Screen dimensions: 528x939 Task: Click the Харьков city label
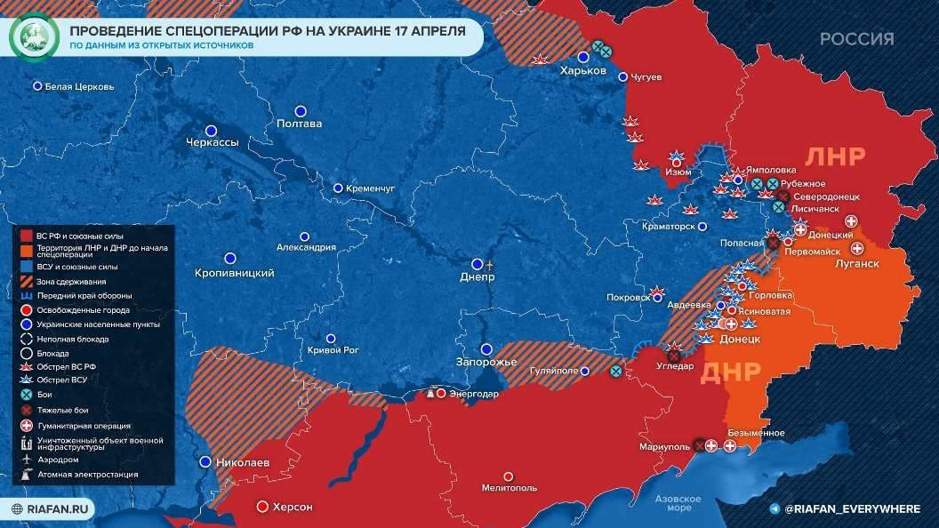(582, 70)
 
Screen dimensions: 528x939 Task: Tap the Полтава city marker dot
(301, 111)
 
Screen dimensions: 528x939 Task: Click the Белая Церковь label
(79, 87)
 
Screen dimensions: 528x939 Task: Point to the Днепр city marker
(478, 264)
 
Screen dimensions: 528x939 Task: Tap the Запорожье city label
(486, 363)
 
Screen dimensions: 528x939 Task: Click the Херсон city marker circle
(262, 507)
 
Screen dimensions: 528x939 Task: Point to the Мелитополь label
(509, 488)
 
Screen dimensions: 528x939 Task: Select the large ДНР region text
(732, 372)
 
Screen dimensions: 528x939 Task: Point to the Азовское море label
(678, 503)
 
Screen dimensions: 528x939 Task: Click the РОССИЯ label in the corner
(856, 39)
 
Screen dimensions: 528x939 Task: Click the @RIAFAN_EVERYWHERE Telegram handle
(852, 508)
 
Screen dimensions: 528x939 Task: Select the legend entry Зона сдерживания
(67, 281)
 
